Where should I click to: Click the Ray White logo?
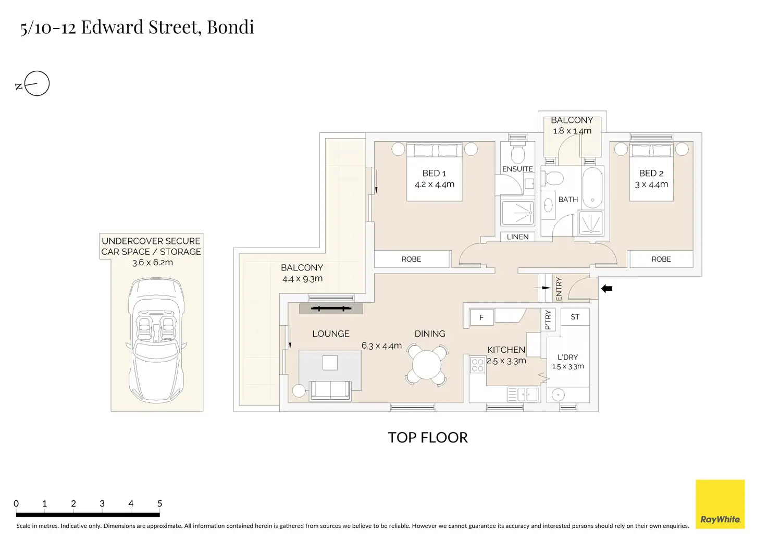pos(720,504)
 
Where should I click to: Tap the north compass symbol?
pos(33,83)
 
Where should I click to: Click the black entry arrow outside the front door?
pos(607,289)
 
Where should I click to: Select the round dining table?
pos(427,365)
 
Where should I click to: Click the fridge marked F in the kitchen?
pos(481,317)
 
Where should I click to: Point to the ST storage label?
pos(575,317)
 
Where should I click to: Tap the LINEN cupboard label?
pos(517,237)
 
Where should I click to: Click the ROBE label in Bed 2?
pos(661,259)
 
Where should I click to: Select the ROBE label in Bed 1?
pos(411,259)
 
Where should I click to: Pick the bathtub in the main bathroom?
pos(592,188)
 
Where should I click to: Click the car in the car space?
pos(156,340)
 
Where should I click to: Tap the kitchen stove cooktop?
pos(477,365)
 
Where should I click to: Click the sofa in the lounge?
pos(330,390)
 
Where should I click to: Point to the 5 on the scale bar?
pos(159,503)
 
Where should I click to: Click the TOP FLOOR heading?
pos(428,438)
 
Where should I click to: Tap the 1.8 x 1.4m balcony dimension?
pos(572,131)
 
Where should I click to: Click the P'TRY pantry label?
pos(548,319)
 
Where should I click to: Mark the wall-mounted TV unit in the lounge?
pos(331,309)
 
